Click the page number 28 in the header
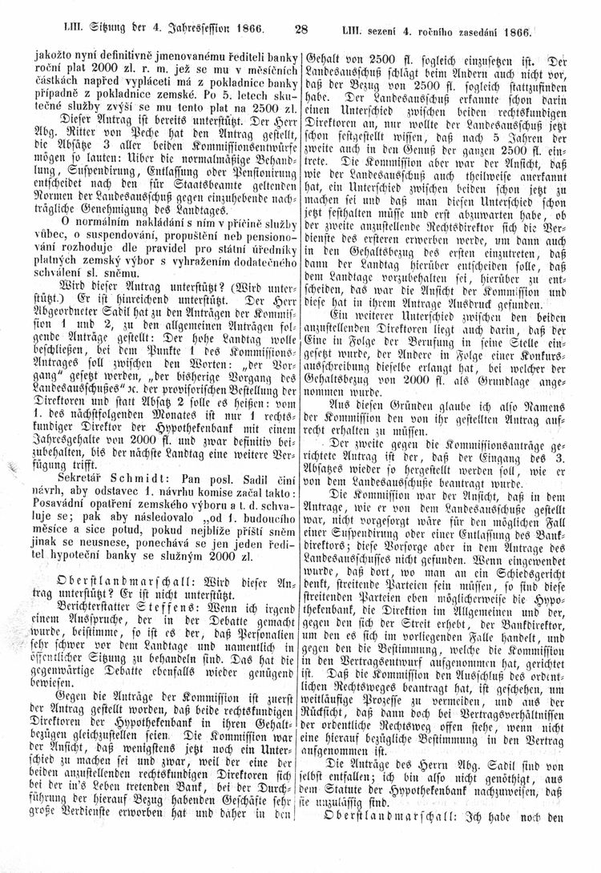pos(301,31)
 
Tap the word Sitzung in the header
pos(100,31)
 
